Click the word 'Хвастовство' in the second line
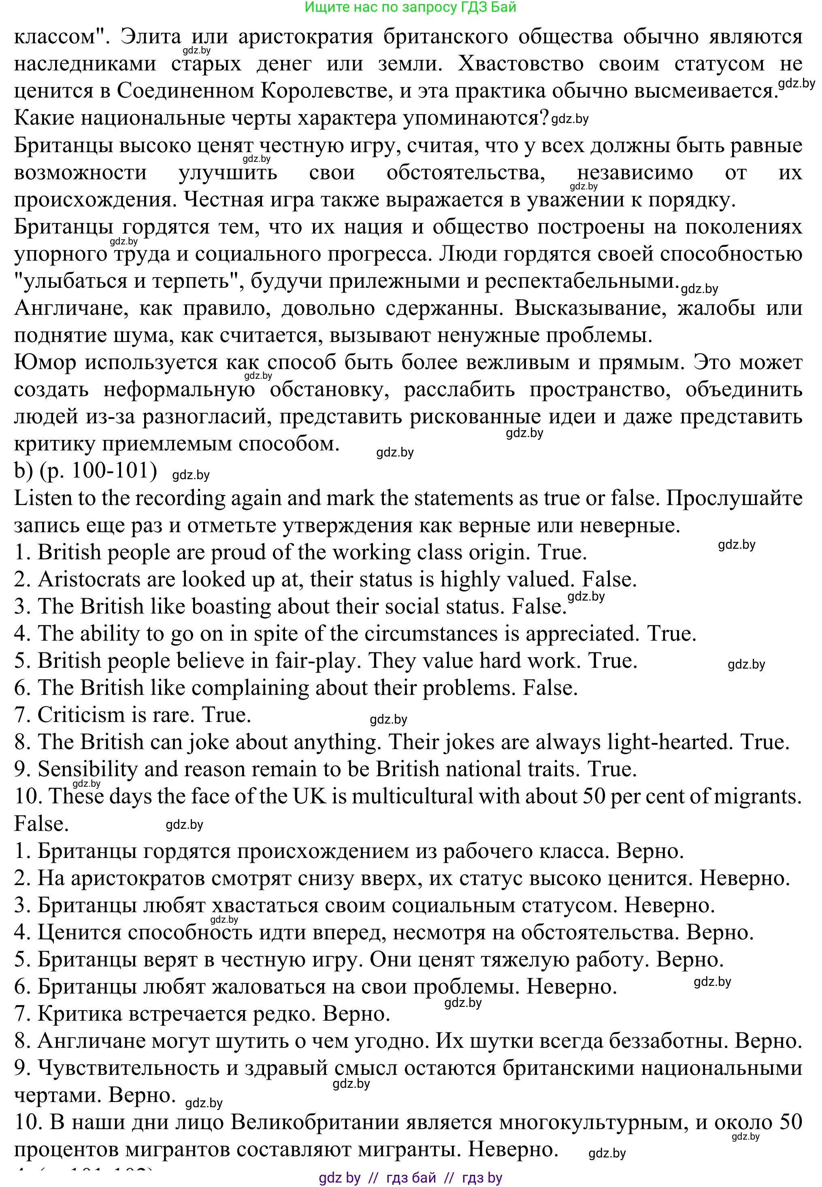tap(520, 64)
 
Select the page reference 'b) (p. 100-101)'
tap(85, 471)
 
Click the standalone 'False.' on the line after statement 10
tap(41, 824)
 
